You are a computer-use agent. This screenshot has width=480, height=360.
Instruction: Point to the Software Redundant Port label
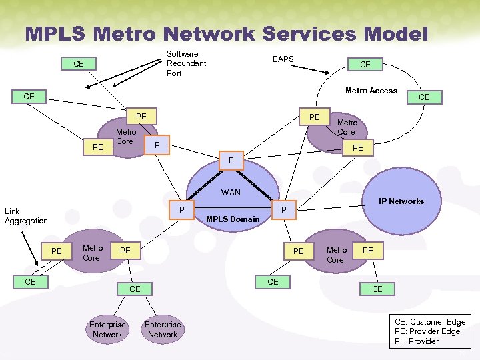(x=186, y=63)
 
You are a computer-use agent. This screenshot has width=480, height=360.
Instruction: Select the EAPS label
(x=283, y=59)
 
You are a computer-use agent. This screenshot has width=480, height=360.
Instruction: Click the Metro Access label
(x=371, y=91)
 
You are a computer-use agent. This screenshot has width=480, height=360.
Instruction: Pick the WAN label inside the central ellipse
(x=231, y=193)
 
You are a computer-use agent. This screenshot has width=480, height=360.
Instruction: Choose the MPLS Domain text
(x=233, y=219)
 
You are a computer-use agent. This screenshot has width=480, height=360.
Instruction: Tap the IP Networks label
(x=401, y=201)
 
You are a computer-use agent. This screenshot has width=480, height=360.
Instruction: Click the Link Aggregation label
(x=26, y=216)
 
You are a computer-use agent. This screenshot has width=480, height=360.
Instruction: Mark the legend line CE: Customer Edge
(x=430, y=322)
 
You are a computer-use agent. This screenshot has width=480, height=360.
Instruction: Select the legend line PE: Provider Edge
(x=427, y=331)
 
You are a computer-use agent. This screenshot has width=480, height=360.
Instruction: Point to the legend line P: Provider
(x=417, y=341)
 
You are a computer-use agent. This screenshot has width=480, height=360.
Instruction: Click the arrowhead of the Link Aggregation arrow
(x=36, y=265)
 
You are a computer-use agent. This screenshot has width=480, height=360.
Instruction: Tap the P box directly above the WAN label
(x=231, y=161)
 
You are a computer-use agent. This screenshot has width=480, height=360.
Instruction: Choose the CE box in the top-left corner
(x=79, y=64)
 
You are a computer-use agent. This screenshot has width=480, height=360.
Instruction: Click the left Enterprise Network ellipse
(x=107, y=329)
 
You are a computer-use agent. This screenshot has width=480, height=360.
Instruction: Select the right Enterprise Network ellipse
(x=163, y=329)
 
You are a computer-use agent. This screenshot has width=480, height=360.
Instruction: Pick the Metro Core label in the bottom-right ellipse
(x=336, y=255)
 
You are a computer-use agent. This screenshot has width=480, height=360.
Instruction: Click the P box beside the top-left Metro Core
(x=157, y=145)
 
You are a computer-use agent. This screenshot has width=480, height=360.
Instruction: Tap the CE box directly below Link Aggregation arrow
(x=30, y=282)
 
